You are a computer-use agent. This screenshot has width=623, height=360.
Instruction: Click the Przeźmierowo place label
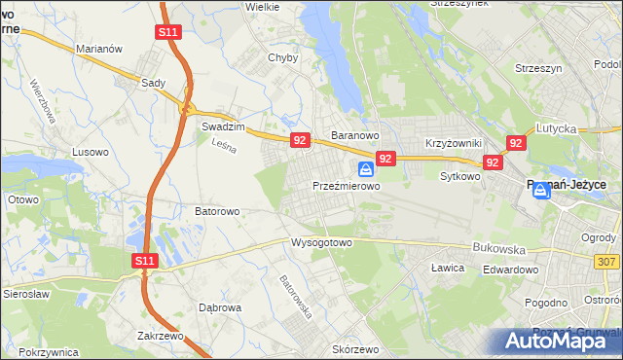click(346, 185)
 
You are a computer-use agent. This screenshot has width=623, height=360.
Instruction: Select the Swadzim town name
click(221, 126)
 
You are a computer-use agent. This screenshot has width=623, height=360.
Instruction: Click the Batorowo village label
click(217, 210)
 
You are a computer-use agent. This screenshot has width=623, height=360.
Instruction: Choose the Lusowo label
click(91, 152)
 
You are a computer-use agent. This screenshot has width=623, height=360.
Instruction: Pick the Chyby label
click(282, 57)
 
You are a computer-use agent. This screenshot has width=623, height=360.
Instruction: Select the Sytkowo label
click(460, 177)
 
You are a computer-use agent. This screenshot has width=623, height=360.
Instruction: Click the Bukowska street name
click(497, 248)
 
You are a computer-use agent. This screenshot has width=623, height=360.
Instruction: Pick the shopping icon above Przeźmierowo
click(365, 169)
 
